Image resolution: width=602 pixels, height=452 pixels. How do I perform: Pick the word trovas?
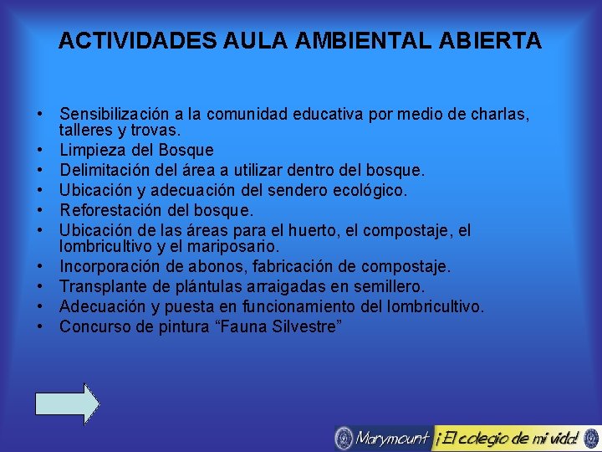[157, 131]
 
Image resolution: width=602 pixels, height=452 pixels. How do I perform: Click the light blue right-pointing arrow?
[69, 403]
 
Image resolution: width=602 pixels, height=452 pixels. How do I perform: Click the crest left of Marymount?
[344, 438]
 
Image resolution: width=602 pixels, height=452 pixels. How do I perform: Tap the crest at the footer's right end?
[591, 438]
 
